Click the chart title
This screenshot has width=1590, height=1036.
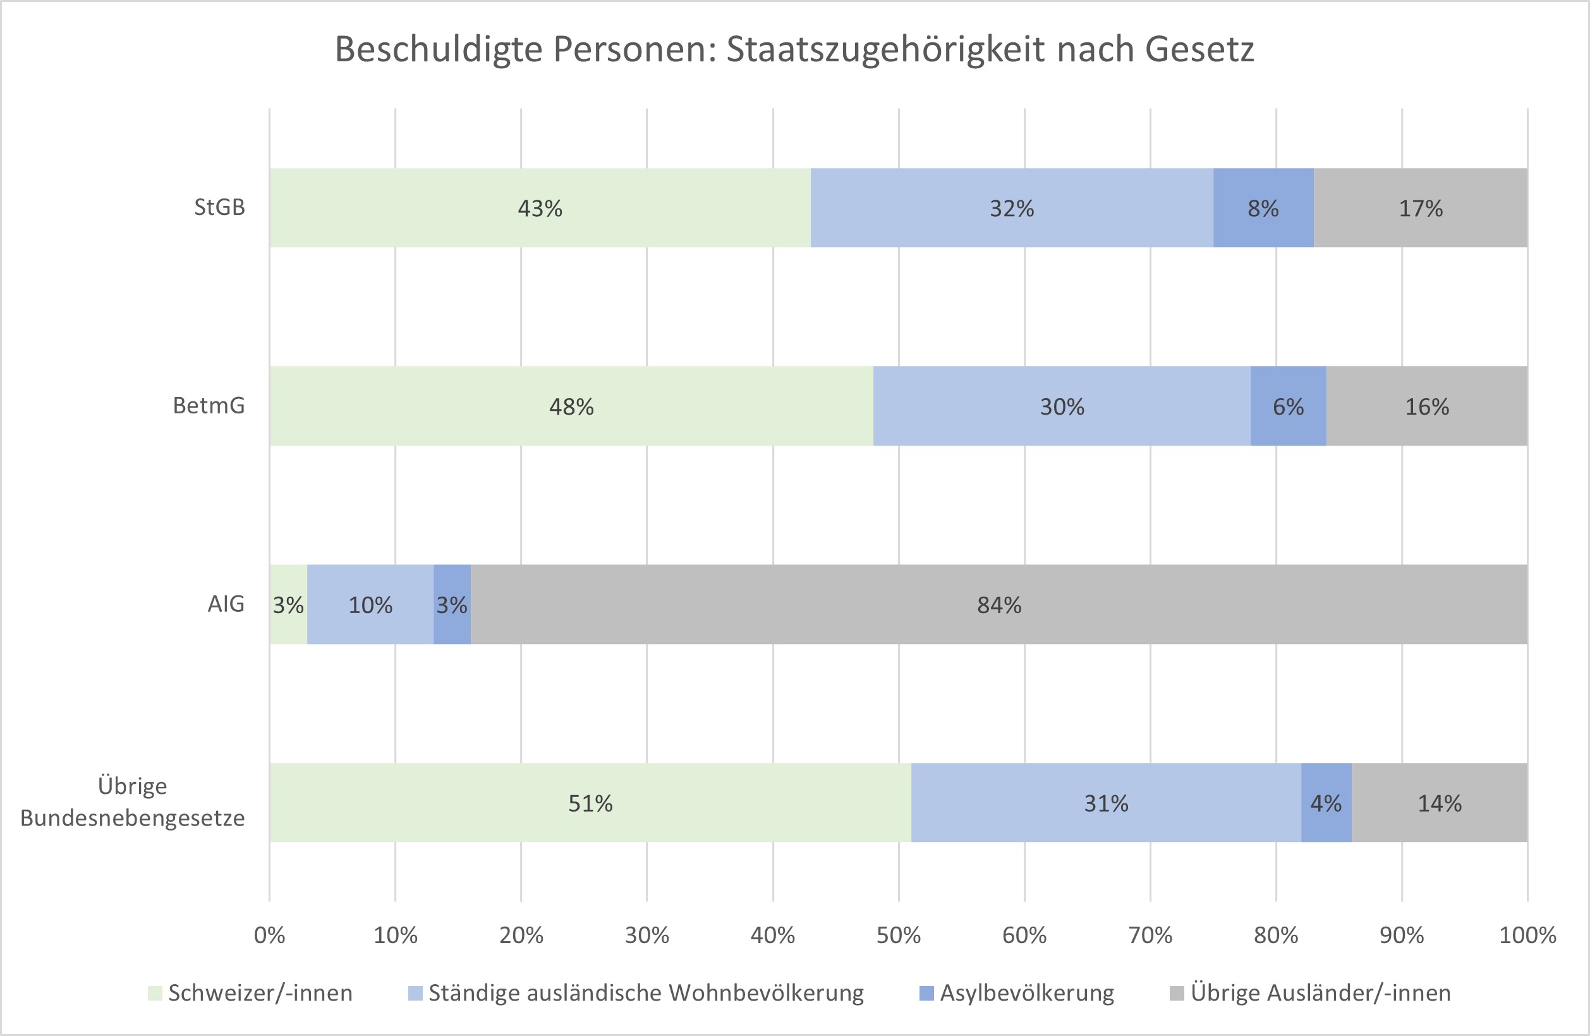click(x=794, y=50)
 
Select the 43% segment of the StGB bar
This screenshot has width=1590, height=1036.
click(x=540, y=208)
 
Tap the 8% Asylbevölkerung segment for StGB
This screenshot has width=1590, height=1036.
click(x=1263, y=208)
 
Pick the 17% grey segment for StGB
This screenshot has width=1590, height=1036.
click(x=1420, y=208)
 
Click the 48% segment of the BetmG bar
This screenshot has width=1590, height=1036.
click(x=571, y=406)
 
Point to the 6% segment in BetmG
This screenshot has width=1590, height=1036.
click(x=1288, y=406)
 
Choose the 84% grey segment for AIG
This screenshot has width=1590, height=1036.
click(x=998, y=604)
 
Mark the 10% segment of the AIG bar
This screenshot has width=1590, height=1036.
click(x=370, y=604)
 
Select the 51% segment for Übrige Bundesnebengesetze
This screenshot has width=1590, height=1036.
click(x=590, y=802)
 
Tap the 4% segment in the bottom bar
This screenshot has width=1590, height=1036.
click(x=1326, y=802)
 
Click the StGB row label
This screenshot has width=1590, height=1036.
click(x=220, y=207)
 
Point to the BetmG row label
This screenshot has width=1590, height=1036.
click(x=209, y=405)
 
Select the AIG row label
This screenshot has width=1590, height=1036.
click(x=226, y=604)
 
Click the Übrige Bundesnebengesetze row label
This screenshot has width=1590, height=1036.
click(x=132, y=801)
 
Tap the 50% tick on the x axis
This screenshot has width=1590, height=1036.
click(x=899, y=935)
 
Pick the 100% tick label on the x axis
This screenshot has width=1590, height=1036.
click(x=1527, y=935)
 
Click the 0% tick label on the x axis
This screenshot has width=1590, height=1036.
click(x=269, y=935)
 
